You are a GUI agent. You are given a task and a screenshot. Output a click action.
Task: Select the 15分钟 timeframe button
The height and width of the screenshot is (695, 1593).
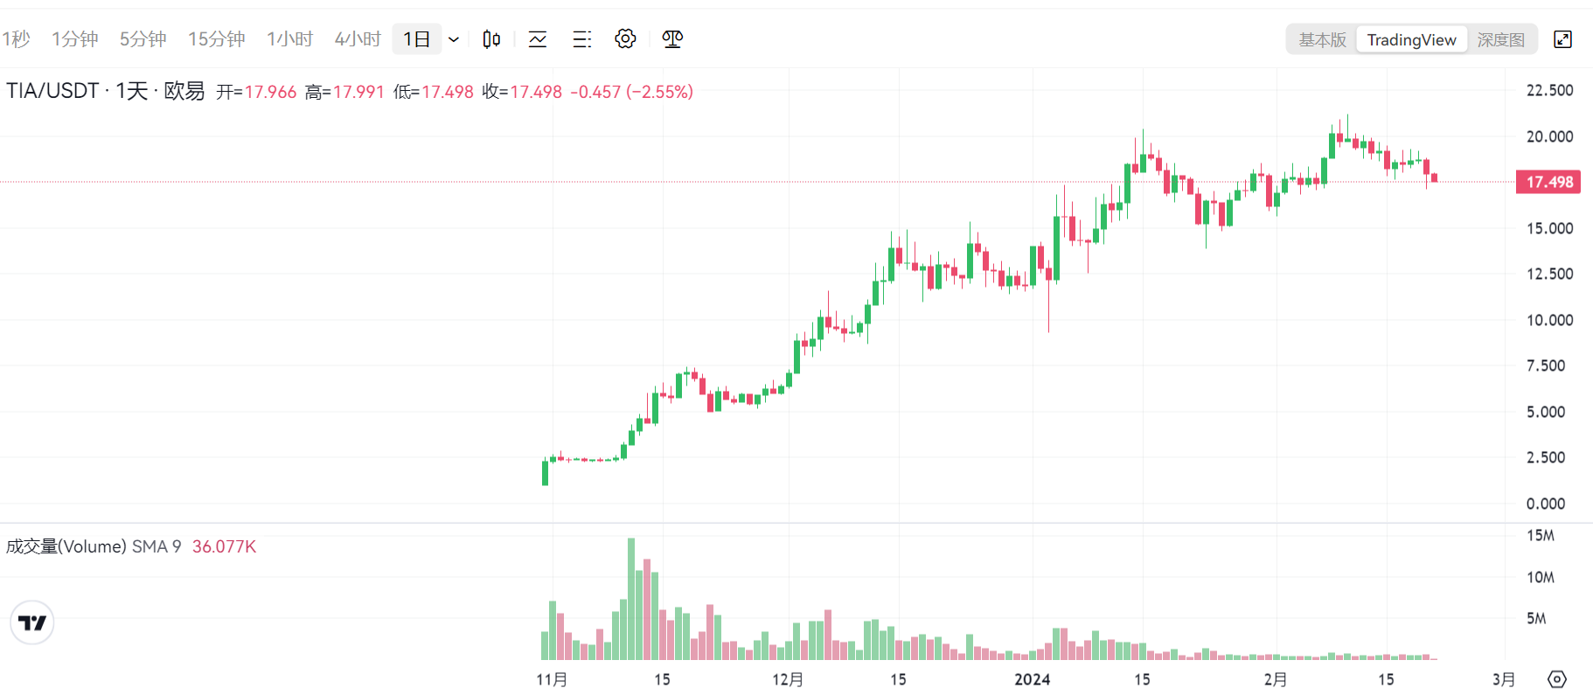tap(216, 39)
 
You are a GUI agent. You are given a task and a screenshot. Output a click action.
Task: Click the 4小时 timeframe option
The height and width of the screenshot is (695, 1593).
tap(358, 39)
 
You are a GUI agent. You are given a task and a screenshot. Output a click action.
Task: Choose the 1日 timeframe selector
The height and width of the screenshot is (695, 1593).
tap(417, 39)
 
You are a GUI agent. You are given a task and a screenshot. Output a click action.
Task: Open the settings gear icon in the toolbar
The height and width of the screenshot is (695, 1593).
tap(625, 39)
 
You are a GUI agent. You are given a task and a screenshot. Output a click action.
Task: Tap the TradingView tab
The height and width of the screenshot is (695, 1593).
tap(1411, 39)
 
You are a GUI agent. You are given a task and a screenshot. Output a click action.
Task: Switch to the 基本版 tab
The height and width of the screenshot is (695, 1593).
tap(1322, 39)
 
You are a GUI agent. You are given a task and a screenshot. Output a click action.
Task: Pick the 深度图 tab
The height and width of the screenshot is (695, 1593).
tap(1500, 39)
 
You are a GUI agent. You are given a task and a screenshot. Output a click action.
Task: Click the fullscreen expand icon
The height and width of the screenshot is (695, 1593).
tap(1562, 39)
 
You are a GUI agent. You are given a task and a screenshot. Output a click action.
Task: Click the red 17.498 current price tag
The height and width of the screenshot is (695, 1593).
tap(1548, 182)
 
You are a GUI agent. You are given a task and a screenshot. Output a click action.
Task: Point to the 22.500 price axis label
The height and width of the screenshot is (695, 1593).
tap(1549, 90)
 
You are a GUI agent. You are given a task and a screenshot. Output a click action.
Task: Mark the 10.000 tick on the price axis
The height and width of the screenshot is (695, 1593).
tap(1549, 320)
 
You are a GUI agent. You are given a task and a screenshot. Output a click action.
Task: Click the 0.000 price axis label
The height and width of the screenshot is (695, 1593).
tap(1546, 504)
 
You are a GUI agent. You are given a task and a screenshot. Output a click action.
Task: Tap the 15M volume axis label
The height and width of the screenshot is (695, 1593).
tap(1541, 535)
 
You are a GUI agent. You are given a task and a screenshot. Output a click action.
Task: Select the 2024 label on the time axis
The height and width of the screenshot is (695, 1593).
tap(1032, 679)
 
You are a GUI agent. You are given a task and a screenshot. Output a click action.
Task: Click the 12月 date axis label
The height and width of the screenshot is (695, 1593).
tap(788, 679)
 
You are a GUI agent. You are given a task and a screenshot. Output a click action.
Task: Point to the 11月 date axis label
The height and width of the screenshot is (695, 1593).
tap(552, 679)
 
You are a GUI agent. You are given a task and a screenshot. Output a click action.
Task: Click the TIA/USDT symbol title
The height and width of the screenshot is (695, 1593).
tap(52, 91)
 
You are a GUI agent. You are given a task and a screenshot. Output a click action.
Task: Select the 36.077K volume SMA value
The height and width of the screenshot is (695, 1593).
tap(224, 546)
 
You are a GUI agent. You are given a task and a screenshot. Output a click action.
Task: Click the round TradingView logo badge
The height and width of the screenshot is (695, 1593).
tap(32, 622)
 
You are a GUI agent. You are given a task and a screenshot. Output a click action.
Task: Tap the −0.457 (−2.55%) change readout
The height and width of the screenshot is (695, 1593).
tap(631, 92)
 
